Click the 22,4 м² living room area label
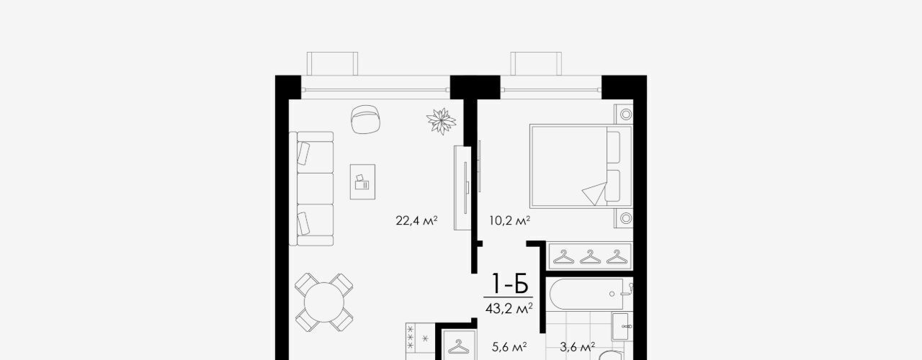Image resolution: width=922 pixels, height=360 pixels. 416,221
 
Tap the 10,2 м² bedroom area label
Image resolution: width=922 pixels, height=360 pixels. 509,221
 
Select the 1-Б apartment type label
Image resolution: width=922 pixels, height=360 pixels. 510,284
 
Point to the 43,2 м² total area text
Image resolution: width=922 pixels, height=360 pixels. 509,308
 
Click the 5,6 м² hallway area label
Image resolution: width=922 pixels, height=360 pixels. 509,347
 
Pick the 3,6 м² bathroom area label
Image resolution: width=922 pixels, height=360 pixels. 577,347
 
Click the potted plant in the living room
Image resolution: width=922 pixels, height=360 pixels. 442,121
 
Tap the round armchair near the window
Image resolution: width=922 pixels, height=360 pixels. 365,119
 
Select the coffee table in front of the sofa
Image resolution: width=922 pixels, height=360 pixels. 362,182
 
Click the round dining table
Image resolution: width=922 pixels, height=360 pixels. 324,302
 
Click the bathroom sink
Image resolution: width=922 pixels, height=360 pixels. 620,326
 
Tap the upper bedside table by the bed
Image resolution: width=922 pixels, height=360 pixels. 624,114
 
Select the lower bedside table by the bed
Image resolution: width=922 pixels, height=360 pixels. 624,218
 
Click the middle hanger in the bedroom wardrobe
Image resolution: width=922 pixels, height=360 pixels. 590,257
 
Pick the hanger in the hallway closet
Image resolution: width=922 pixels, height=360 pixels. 458,346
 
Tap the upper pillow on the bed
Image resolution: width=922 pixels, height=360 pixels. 613,147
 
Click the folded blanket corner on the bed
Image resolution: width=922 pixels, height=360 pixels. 595,194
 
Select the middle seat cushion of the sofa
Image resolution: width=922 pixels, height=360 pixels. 315,189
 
